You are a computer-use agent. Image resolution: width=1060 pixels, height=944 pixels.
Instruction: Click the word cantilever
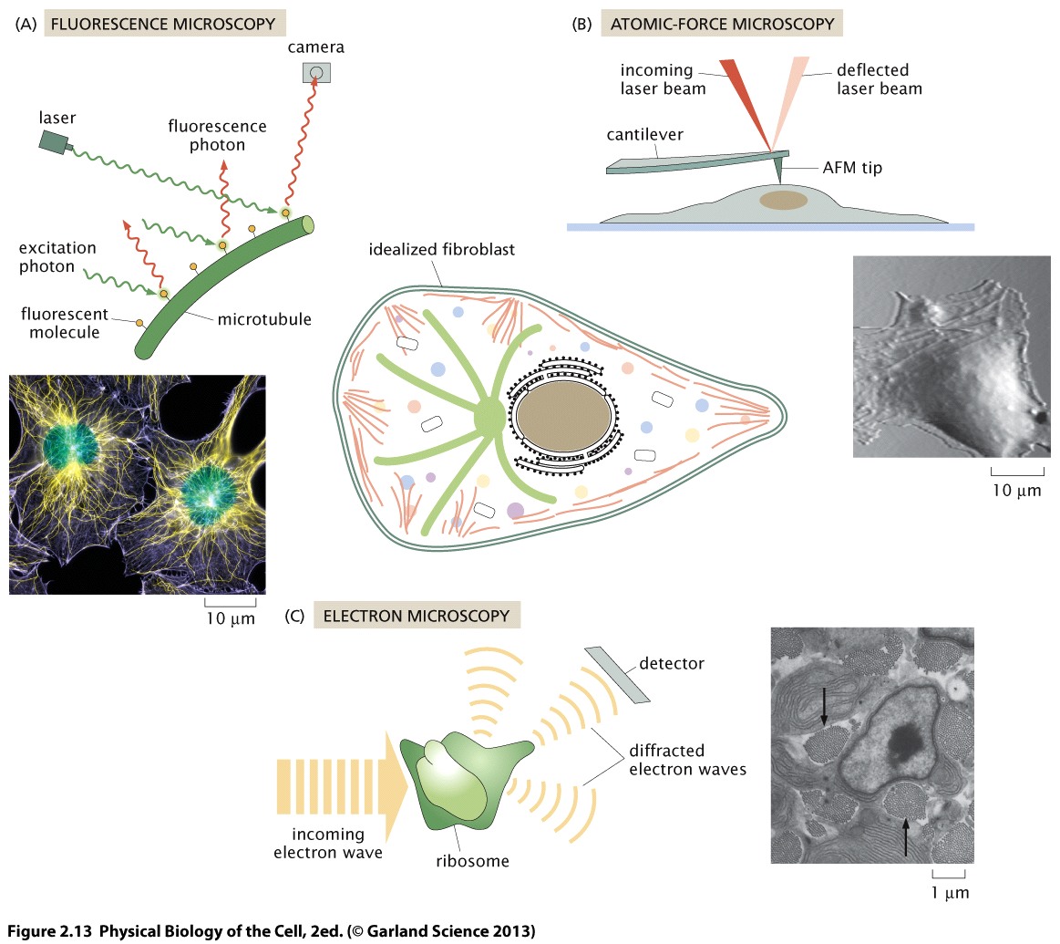tap(645, 135)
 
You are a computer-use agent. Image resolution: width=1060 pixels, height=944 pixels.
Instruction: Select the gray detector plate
tap(617, 675)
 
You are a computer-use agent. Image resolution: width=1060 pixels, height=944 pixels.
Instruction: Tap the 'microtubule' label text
tap(264, 319)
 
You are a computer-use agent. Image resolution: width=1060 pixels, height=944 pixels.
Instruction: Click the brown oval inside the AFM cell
tap(784, 200)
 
